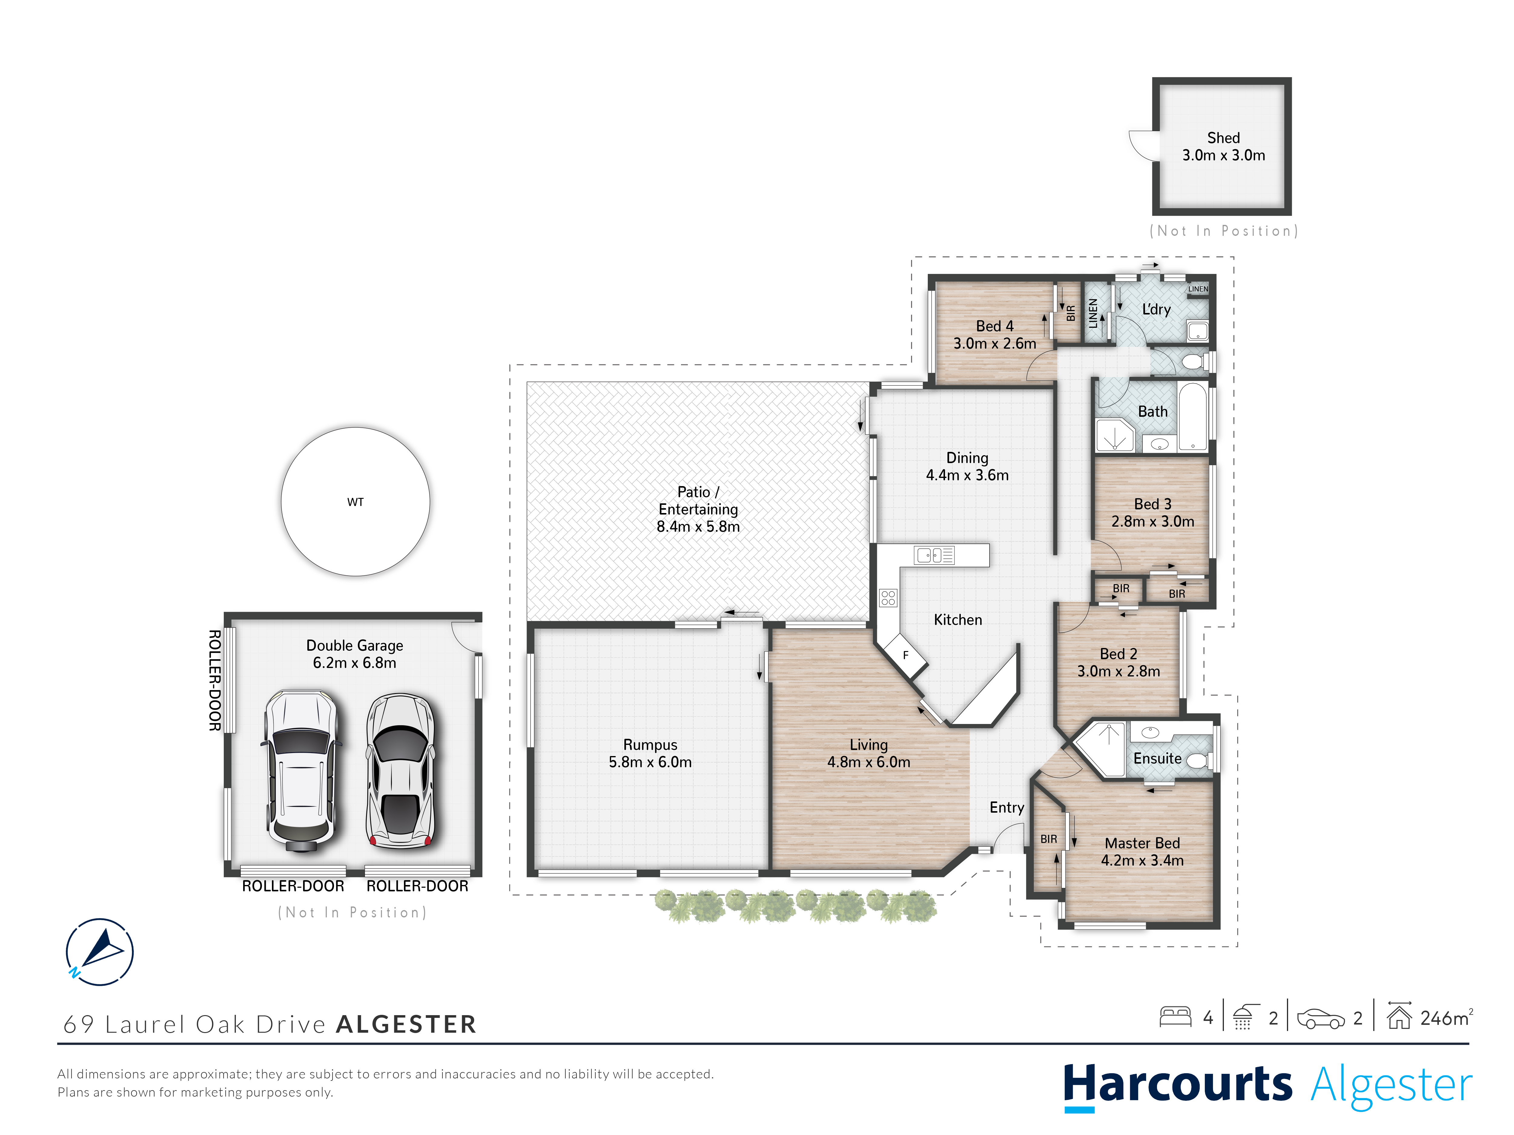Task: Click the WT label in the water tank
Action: click(x=355, y=502)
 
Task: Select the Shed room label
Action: click(x=1223, y=137)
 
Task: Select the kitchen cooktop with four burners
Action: click(x=888, y=598)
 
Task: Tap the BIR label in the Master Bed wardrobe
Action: click(x=1049, y=839)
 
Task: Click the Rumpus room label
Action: click(x=650, y=744)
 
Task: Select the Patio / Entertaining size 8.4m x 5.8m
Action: click(x=698, y=526)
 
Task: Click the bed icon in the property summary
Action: click(x=1175, y=1017)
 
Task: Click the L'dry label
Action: click(x=1156, y=309)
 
